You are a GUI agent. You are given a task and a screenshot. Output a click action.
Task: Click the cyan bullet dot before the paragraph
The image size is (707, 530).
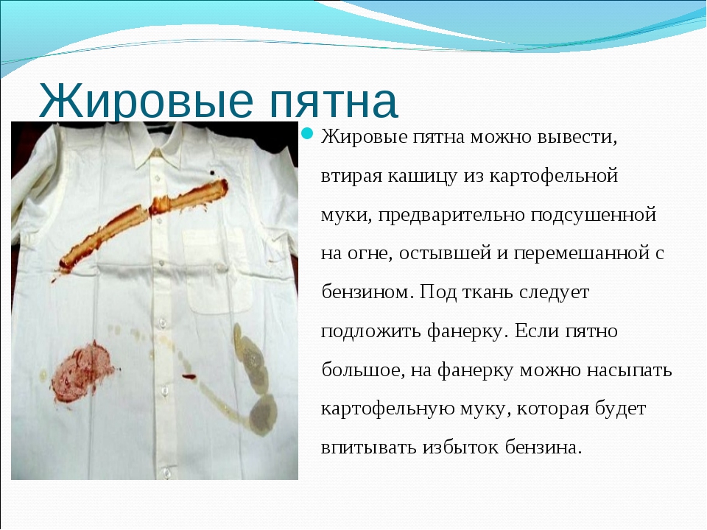307,134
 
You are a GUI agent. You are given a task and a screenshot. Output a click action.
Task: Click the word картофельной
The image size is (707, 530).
553,176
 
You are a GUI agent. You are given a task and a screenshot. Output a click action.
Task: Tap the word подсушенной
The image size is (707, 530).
593,215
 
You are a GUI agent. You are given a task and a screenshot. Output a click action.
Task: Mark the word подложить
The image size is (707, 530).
370,332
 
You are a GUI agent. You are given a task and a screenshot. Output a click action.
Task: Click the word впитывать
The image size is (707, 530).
368,448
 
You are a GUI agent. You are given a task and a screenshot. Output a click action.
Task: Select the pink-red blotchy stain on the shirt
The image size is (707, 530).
82,372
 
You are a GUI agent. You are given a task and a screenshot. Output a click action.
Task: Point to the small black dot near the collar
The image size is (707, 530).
212,172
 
